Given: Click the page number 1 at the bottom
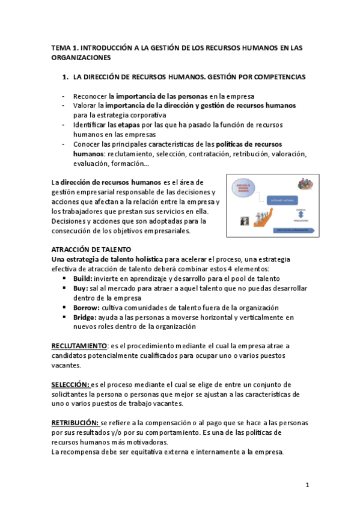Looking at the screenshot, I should [307, 485].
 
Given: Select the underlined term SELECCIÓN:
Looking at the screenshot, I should [70, 384].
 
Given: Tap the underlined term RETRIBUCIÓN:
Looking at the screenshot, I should [75, 423].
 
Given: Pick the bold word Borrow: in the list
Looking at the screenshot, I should [86, 307].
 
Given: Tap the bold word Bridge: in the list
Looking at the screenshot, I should [85, 317].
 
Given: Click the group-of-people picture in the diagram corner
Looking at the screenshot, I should [304, 185].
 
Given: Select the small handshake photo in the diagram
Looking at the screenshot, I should [245, 222].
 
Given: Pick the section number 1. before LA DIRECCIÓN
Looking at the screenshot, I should [66, 78].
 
